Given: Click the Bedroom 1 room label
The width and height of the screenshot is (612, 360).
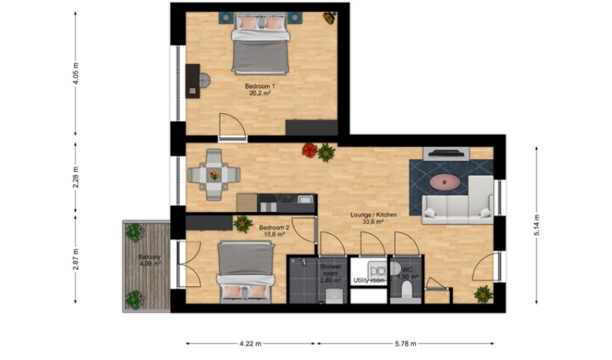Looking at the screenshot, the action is tap(260, 86).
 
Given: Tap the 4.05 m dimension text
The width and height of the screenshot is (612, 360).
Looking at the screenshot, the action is tap(76, 73).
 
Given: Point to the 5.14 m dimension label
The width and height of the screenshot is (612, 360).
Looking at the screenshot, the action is tap(536, 225).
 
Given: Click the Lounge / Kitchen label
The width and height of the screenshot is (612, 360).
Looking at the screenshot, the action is tap(374, 215).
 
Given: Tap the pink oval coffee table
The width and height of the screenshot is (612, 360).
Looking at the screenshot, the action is tap(444, 181).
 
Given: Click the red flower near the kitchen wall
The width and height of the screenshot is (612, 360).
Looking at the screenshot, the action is tap(310, 150).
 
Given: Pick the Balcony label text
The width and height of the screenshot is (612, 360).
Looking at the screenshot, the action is tap(150, 257).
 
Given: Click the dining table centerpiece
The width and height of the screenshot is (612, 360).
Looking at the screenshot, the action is tap(214, 175).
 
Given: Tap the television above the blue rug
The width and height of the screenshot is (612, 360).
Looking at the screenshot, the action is tap(446, 153).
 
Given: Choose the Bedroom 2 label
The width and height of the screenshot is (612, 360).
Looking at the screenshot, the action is tap(274, 228).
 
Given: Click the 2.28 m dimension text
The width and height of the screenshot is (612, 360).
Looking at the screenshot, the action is tap(76, 177).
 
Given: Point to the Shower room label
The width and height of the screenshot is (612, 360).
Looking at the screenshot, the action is tap(330, 270).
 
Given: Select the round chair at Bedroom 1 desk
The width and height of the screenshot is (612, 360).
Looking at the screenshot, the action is tap(204, 81).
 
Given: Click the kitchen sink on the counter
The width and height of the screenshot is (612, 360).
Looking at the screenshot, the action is tap(305, 199).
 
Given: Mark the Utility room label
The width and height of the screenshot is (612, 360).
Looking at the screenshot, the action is tap(369, 280).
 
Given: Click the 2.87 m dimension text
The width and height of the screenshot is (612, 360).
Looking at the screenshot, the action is tap(76, 259).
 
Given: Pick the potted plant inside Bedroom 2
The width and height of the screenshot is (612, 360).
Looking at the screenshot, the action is tap(243, 224).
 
